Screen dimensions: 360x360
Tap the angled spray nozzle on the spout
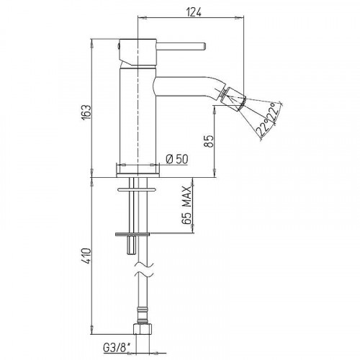click(233, 98)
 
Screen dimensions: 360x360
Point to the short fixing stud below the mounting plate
click(130, 247)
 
